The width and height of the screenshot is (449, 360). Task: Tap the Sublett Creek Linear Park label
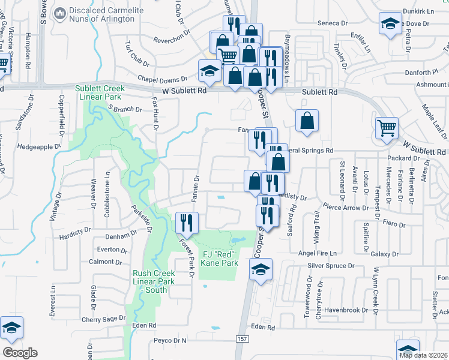pyautogui.click(x=99, y=92)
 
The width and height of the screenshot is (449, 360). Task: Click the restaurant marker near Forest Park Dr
pyautogui.click(x=186, y=223)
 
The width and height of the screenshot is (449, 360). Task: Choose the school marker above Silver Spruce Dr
pyautogui.click(x=261, y=269)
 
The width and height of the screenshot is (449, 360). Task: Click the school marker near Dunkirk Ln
pyautogui.click(x=390, y=24)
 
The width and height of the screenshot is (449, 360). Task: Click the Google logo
pyautogui.click(x=20, y=352)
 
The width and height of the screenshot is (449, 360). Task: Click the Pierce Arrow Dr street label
pyautogui.click(x=345, y=208)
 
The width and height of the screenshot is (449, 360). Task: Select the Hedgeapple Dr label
pyautogui.click(x=40, y=146)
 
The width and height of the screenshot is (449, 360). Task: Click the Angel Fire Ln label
pyautogui.click(x=318, y=253)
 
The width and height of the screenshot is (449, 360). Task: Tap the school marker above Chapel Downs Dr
pyautogui.click(x=209, y=71)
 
